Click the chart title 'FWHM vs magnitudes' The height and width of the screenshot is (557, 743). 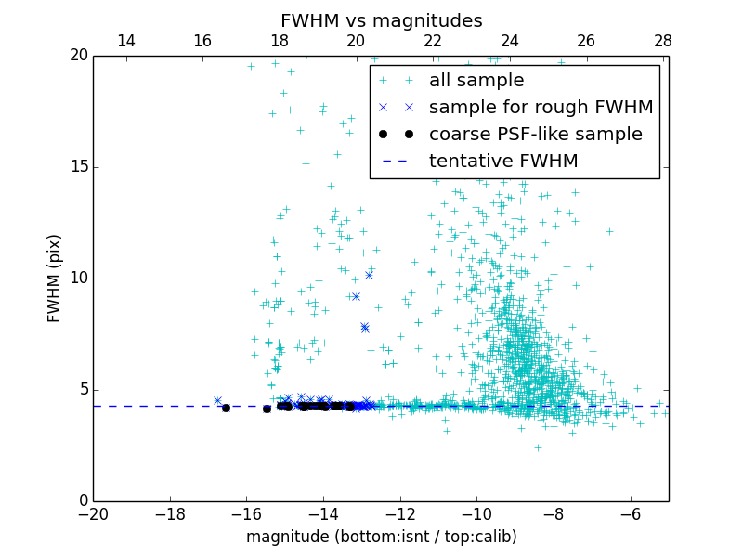pyautogui.click(x=381, y=20)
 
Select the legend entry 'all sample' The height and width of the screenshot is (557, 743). pyautogui.click(x=476, y=81)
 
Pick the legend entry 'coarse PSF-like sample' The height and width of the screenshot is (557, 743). pyautogui.click(x=535, y=135)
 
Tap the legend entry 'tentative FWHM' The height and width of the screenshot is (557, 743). pyautogui.click(x=503, y=162)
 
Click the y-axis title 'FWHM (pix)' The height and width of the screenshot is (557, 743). pyautogui.click(x=55, y=278)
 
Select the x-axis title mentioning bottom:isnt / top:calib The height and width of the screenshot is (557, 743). pyautogui.click(x=381, y=537)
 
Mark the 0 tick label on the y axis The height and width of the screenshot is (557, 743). pyautogui.click(x=82, y=501)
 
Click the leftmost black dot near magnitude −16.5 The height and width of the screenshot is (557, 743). pyautogui.click(x=226, y=408)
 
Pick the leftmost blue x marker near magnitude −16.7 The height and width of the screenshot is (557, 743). pyautogui.click(x=217, y=401)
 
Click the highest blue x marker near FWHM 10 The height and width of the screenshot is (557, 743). pyautogui.click(x=369, y=275)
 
